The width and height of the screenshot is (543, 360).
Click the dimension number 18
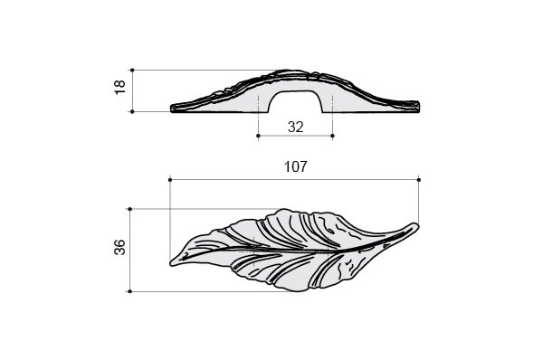119,87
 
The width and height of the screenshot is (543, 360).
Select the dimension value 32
295,127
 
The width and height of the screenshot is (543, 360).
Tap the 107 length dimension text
295,166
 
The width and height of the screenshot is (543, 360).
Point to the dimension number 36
119,247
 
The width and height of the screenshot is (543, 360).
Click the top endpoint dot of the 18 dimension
132,71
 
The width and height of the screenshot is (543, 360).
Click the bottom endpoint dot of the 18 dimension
132,112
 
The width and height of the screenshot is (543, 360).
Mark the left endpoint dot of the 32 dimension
258,136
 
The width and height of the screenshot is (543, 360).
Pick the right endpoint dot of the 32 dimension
332,136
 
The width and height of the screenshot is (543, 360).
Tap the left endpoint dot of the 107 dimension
170,180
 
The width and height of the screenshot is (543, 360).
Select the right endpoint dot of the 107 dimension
419,180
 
